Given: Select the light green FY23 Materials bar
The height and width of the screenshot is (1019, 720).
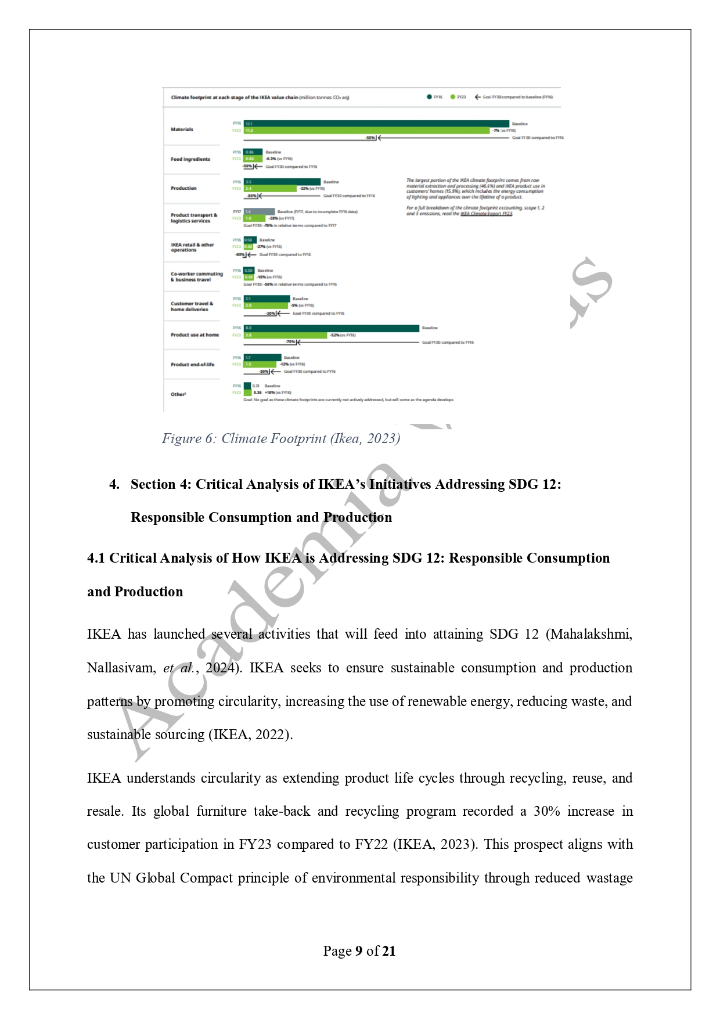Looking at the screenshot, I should [x=366, y=131].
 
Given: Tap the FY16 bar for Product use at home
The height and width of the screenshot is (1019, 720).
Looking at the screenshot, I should [x=331, y=329].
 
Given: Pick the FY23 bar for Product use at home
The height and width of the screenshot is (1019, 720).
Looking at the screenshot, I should [x=285, y=336].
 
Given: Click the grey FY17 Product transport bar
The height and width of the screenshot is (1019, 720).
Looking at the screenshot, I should [x=259, y=212].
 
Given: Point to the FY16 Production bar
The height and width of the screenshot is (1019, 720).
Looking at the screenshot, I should [x=282, y=182].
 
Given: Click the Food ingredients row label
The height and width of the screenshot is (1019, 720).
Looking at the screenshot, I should [x=190, y=159].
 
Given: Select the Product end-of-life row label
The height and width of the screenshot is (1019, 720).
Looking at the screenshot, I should [x=192, y=365].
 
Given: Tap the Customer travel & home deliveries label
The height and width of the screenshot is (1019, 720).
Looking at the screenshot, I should [x=192, y=307].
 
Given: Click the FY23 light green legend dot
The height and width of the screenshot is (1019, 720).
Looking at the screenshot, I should [x=453, y=97].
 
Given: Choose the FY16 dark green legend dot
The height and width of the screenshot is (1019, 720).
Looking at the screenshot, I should [x=429, y=97].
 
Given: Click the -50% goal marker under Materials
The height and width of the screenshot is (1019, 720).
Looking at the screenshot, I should [x=371, y=138].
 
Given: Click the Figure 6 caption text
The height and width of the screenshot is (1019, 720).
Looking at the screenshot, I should [x=281, y=438].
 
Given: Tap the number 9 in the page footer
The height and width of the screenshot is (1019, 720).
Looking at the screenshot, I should [x=359, y=951].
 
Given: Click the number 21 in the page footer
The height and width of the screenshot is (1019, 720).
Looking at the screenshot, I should [x=389, y=951].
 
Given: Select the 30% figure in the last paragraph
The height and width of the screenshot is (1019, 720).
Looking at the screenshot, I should [x=546, y=812].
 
